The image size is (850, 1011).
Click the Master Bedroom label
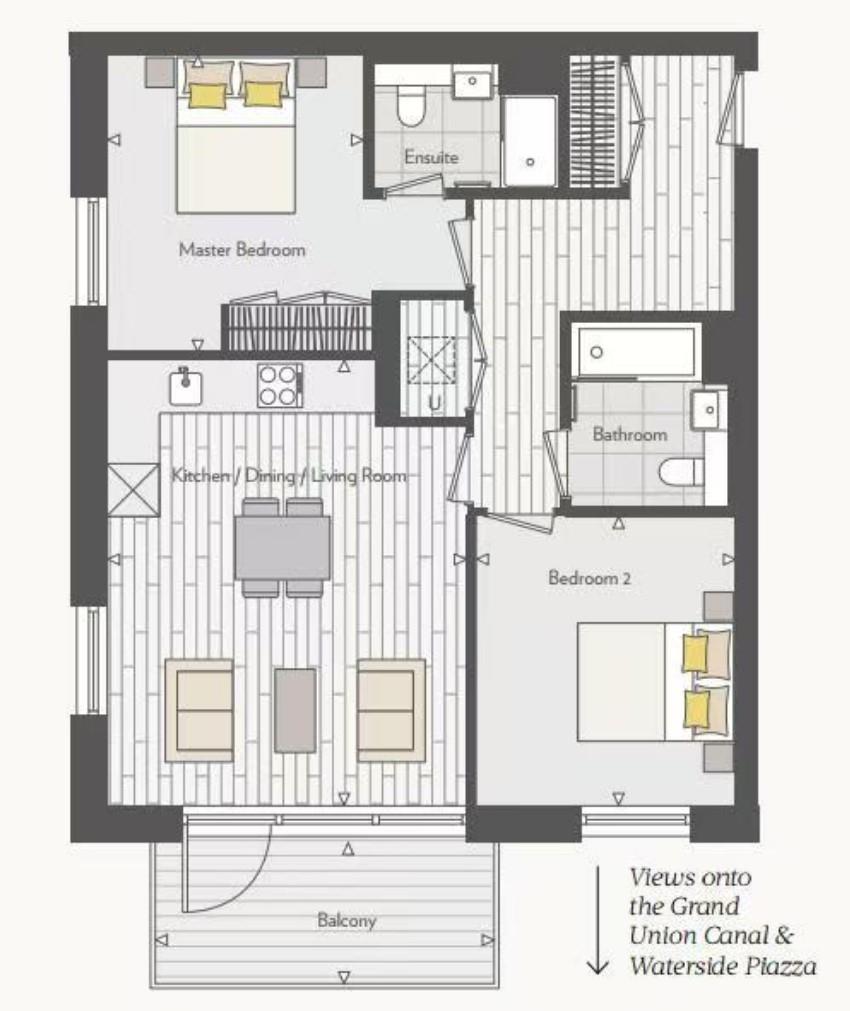click(242, 250)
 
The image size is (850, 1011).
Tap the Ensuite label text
click(431, 157)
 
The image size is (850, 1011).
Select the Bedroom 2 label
click(589, 578)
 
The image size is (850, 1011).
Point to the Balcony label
click(346, 920)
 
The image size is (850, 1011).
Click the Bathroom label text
click(629, 434)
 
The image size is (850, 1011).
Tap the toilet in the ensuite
click(410, 104)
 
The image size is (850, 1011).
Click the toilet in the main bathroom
click(681, 471)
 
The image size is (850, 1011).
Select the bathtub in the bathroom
click(636, 351)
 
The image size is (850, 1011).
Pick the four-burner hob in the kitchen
click(280, 386)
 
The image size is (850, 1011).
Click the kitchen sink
click(186, 388)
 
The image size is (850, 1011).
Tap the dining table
click(282, 548)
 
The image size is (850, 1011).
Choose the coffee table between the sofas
click(295, 710)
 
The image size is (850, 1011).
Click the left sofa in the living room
click(199, 710)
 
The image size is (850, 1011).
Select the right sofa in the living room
click(391, 710)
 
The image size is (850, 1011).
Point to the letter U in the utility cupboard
click(435, 403)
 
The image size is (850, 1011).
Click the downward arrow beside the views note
click(598, 920)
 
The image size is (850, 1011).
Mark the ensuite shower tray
click(529, 142)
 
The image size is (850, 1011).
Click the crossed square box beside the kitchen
click(133, 490)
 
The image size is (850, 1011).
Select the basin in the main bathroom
click(709, 409)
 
